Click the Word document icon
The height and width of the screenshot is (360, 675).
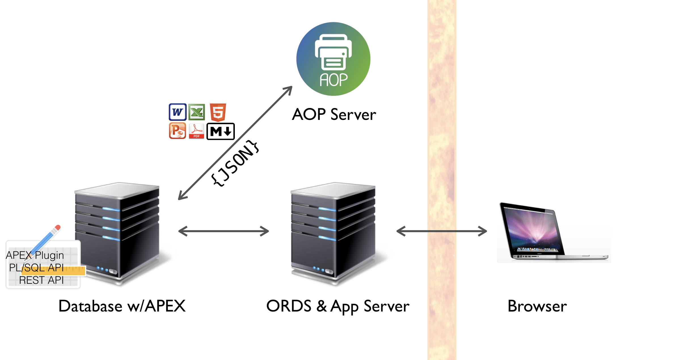[178, 112]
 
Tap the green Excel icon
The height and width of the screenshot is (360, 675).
[197, 112]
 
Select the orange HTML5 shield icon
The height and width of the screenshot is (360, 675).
[218, 112]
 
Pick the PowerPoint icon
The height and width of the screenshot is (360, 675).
[178, 131]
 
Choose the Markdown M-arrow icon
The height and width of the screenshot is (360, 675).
[221, 131]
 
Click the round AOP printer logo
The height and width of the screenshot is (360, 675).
[333, 59]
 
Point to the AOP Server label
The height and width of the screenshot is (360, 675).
[334, 115]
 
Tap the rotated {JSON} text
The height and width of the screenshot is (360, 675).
[235, 163]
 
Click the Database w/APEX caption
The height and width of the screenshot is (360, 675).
[122, 306]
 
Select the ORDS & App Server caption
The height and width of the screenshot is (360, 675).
[338, 306]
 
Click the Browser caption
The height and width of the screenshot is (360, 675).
[537, 306]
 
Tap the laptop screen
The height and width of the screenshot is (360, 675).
[530, 230]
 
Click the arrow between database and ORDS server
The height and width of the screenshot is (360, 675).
[223, 231]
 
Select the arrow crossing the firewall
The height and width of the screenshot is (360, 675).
[442, 231]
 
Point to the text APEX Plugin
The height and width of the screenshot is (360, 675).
[35, 255]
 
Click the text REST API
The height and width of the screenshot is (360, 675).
[41, 280]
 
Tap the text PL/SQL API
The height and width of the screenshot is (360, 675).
[36, 268]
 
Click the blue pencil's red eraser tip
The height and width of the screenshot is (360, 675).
[58, 227]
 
